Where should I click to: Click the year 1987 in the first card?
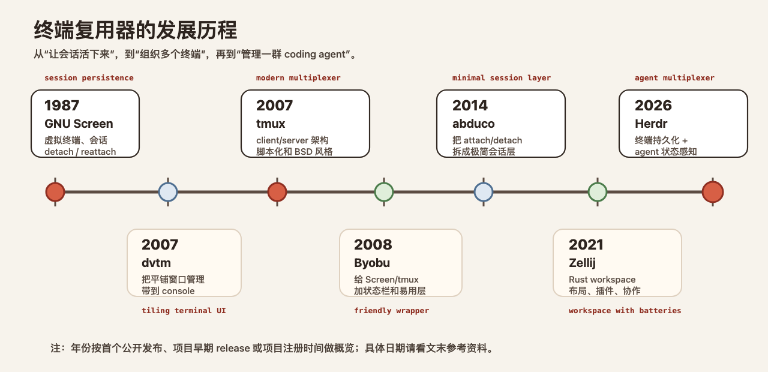62,105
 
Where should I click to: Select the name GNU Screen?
79,124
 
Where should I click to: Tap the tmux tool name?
271,124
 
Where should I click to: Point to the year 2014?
470,105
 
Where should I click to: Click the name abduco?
473,124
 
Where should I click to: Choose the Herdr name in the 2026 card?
651,124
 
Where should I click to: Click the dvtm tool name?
156,263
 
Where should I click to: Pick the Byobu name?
372,263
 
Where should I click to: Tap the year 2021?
586,244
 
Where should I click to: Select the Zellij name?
582,263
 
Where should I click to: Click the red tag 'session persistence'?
89,78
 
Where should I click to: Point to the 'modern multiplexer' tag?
298,78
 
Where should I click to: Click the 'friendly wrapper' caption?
392,311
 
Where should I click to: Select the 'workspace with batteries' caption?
625,311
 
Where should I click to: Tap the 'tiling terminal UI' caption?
184,311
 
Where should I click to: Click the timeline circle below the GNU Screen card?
55,192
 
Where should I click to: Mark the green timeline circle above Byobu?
384,192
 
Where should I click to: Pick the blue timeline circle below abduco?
484,192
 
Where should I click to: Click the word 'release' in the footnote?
233,349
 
